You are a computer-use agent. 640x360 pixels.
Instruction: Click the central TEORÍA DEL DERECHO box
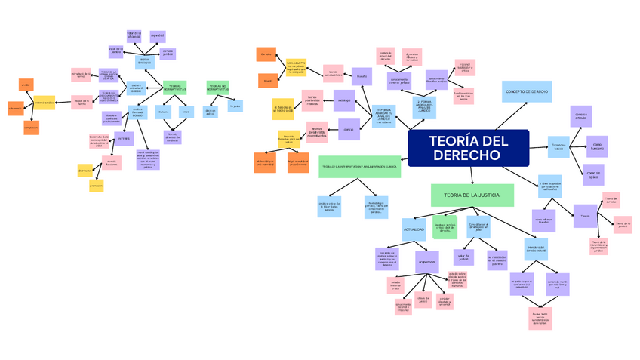tap(468, 148)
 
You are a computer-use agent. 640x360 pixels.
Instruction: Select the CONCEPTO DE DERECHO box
tap(527, 91)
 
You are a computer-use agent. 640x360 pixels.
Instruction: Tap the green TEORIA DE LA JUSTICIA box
tap(472, 195)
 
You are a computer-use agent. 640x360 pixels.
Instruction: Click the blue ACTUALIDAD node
tap(413, 229)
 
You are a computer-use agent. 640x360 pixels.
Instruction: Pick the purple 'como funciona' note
tap(596, 146)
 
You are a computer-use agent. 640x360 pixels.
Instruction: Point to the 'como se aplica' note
tap(593, 174)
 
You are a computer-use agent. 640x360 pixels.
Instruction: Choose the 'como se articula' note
tap(580, 116)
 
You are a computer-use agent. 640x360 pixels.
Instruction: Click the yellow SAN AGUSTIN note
tap(296, 66)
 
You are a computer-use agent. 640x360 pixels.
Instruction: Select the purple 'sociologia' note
tap(344, 99)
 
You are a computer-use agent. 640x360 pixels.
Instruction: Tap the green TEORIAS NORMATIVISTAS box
tap(174, 88)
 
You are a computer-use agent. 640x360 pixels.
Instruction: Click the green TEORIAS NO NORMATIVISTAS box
tap(217, 88)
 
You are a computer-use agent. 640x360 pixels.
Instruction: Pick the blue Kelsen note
tap(163, 112)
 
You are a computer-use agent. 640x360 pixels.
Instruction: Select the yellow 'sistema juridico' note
tap(45, 102)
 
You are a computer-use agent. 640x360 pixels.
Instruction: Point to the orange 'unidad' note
tap(26, 85)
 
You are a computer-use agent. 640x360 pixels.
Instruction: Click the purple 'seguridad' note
tap(158, 35)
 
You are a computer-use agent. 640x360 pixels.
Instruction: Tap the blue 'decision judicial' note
tap(210, 112)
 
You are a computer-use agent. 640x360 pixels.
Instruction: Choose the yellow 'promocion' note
tap(96, 186)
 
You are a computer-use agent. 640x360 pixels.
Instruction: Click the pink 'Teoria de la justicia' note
tap(622, 224)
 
